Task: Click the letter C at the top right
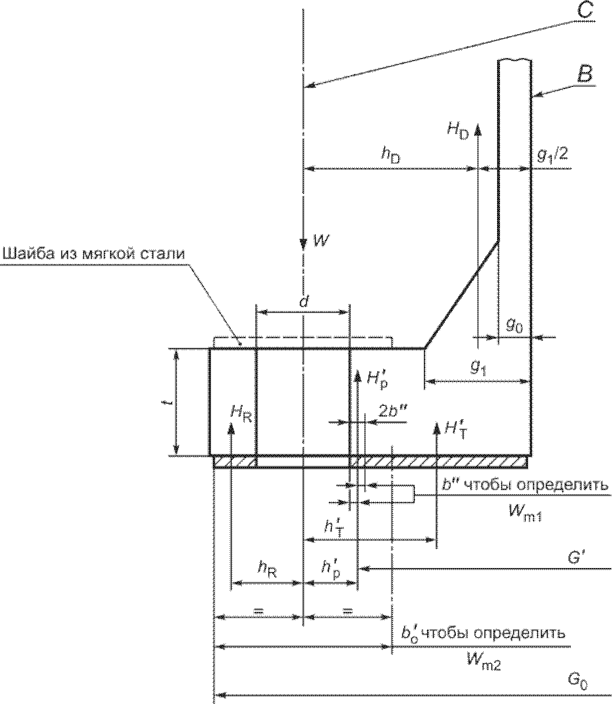[584, 10]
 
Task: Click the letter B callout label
[585, 74]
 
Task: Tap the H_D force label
[457, 131]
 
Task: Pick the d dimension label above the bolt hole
[303, 302]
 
